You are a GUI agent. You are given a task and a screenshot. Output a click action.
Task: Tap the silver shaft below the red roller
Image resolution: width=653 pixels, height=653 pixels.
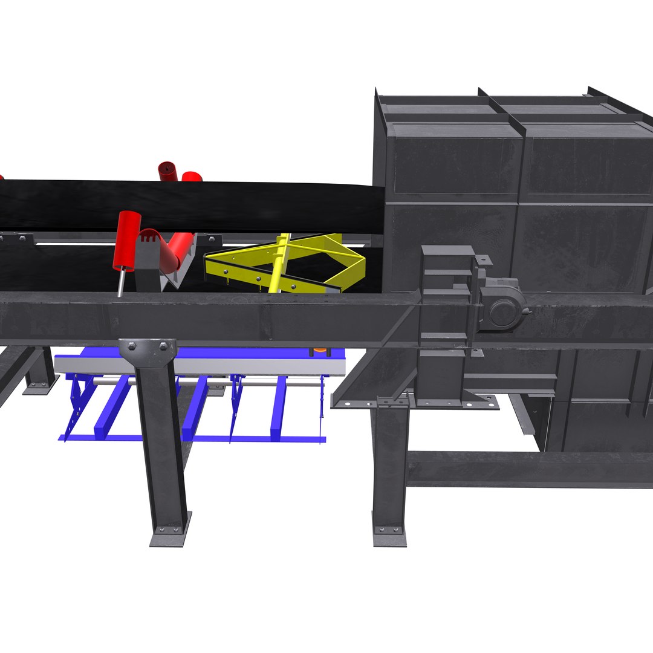point(122,282)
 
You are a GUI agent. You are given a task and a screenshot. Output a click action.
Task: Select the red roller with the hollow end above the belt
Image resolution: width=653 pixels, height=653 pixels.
point(167,171)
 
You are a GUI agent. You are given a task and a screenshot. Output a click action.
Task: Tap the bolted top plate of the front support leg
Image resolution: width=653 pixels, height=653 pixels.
point(147,349)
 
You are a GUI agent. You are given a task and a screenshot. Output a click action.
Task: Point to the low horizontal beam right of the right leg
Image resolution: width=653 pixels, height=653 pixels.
point(526,469)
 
